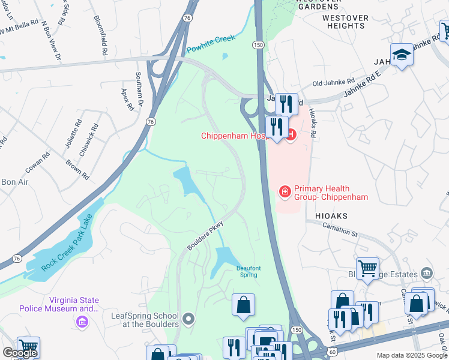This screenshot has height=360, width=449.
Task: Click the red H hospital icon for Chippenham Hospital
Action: point(291,135)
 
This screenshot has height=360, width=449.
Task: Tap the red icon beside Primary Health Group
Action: point(285,191)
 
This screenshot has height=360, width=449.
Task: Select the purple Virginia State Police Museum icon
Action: point(82,323)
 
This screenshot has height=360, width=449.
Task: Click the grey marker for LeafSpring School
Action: point(189,318)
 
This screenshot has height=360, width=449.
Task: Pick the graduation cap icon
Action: point(402,55)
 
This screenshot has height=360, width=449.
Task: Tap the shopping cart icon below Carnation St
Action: point(367,268)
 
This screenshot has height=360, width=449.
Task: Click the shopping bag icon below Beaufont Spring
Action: point(243,304)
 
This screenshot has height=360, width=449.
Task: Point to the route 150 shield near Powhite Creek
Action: point(258,45)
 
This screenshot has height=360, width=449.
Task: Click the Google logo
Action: point(20,353)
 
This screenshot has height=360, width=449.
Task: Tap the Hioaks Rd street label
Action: point(312,123)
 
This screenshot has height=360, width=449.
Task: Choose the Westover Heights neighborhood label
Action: point(345,22)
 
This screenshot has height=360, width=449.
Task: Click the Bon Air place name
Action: point(15,182)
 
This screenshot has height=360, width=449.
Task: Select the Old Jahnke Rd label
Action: point(334,81)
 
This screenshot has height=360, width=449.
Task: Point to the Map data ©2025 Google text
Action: point(412,355)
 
